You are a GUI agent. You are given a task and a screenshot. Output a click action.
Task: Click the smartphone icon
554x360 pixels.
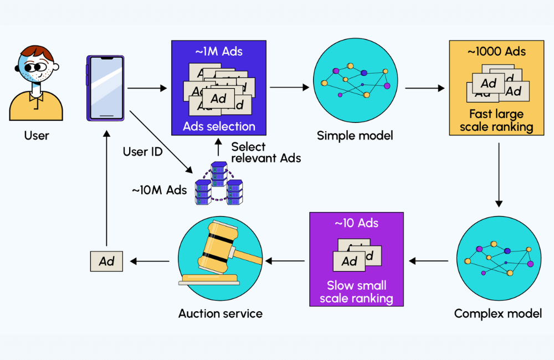(105, 88)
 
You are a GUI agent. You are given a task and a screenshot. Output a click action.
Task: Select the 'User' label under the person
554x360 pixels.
(37, 135)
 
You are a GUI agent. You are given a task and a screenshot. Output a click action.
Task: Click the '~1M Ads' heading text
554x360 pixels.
(219, 52)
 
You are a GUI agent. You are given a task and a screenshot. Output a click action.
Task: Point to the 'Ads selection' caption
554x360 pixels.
(219, 126)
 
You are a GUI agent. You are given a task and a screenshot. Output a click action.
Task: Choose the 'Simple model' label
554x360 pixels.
(348, 136)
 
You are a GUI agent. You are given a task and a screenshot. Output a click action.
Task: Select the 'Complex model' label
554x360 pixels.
(497, 313)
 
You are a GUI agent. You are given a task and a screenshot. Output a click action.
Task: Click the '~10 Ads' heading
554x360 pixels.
(356, 223)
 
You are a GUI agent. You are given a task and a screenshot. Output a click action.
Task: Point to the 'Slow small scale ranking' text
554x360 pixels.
(356, 292)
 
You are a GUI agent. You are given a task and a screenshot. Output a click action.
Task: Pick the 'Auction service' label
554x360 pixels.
(220, 313)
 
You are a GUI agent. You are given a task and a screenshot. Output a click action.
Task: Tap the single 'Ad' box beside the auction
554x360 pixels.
(106, 261)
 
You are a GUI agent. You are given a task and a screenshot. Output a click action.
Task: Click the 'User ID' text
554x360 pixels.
(142, 151)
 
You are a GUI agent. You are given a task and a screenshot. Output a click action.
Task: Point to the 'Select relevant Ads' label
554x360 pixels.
(266, 152)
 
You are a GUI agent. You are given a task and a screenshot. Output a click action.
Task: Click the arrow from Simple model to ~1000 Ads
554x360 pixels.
(425, 88)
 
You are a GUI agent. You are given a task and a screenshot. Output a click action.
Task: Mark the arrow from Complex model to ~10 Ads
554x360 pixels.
(429, 261)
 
